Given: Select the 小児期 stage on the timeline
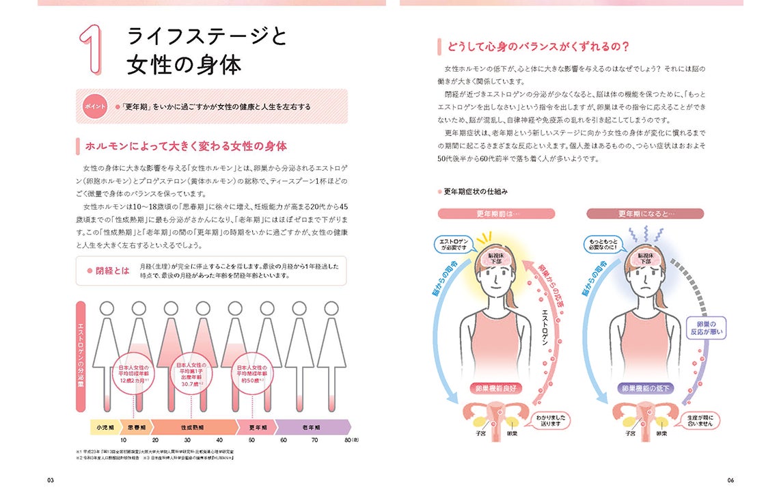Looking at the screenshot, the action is tap(102, 427).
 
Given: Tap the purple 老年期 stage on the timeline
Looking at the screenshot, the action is tap(313, 427).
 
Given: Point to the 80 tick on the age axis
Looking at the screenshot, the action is tap(348, 441).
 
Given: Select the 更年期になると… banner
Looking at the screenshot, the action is tap(645, 213).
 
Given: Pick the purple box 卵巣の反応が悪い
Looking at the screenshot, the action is tap(706, 328).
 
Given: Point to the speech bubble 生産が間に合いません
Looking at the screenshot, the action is tap(697, 420).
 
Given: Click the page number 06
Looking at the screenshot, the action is tap(730, 480).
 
